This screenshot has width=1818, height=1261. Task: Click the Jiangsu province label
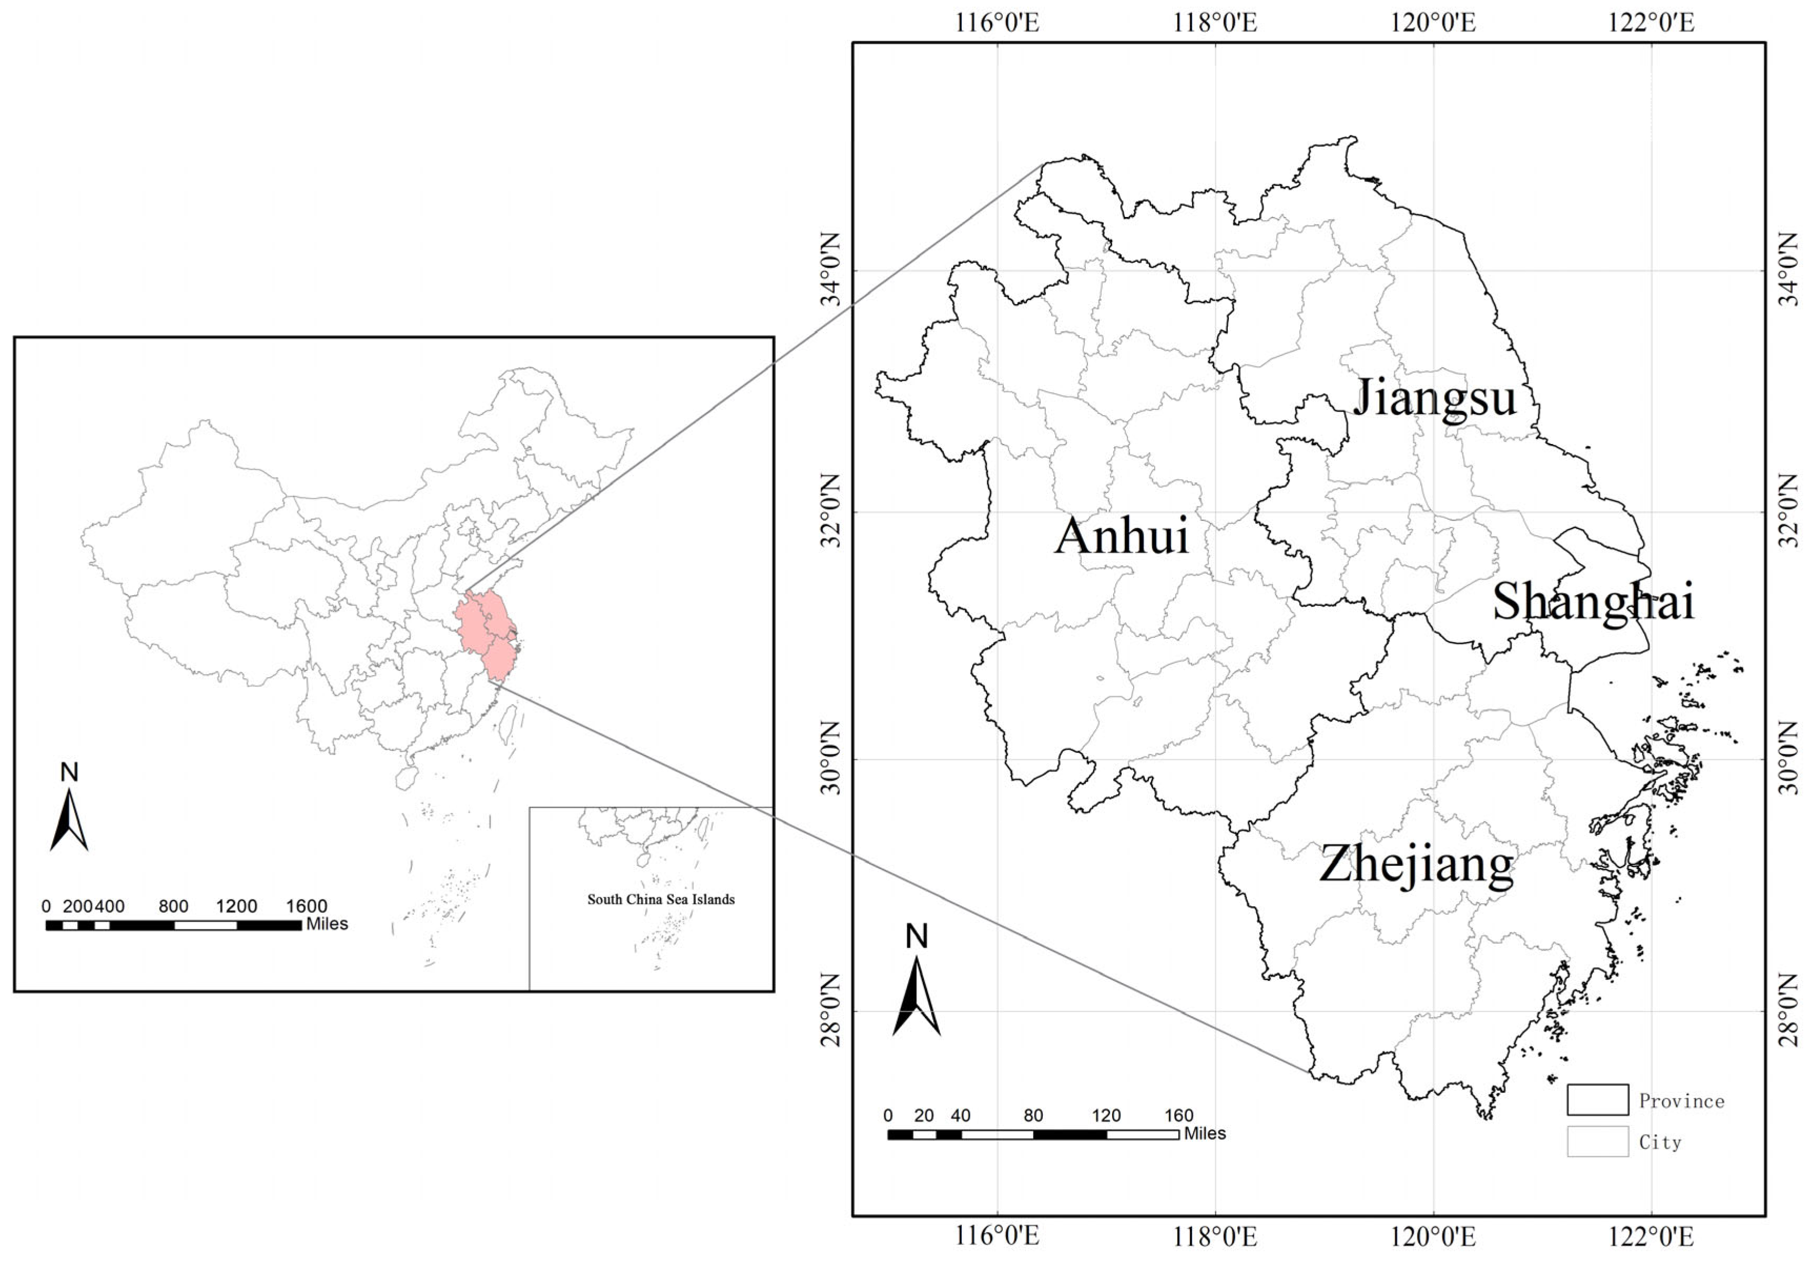click(x=1434, y=397)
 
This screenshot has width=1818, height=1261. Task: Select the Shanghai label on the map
click(x=1593, y=602)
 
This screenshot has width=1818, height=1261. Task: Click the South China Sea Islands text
click(x=661, y=899)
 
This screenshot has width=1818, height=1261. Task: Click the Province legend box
click(x=1597, y=1100)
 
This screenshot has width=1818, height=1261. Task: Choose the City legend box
click(x=1597, y=1141)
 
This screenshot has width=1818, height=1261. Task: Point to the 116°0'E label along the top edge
click(x=998, y=22)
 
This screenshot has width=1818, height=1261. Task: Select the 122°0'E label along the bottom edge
click(x=1651, y=1236)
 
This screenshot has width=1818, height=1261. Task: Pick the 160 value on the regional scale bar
click(x=1178, y=1115)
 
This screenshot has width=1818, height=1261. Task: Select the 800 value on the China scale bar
click(x=173, y=906)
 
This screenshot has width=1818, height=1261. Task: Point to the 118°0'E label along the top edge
click(x=1215, y=22)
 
